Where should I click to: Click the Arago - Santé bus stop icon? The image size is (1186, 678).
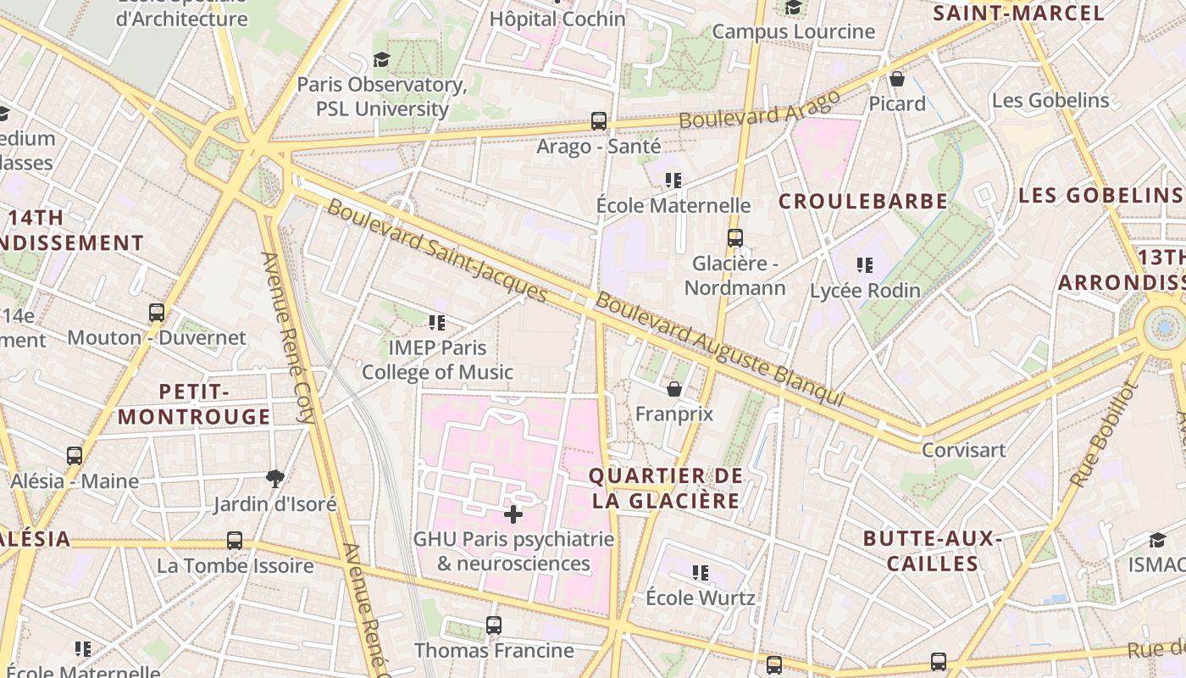click(x=599, y=121)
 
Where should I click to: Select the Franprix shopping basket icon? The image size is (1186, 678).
click(x=674, y=389)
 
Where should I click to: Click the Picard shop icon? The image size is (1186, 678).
click(x=897, y=79)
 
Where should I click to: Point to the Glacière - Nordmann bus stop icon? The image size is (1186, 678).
click(x=734, y=238)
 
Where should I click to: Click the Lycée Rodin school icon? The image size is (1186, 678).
click(x=864, y=265)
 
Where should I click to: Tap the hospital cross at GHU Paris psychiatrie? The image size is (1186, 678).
click(x=513, y=514)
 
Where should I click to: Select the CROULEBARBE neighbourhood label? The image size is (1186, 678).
click(x=862, y=202)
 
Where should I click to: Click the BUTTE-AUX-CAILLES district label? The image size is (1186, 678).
click(x=932, y=551)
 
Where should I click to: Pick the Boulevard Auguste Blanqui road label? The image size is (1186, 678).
click(x=719, y=348)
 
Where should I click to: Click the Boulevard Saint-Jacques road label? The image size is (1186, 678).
click(x=437, y=250)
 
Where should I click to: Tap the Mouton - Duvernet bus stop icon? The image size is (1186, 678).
click(x=157, y=313)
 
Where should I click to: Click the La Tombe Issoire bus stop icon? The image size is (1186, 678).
click(x=235, y=541)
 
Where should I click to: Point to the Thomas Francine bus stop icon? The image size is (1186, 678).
click(x=494, y=625)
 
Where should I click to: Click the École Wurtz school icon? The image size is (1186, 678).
click(x=700, y=573)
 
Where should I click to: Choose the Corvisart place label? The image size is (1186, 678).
click(x=963, y=450)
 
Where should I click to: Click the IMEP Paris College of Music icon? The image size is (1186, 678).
click(x=437, y=322)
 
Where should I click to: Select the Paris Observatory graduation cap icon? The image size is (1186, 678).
click(x=381, y=59)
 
